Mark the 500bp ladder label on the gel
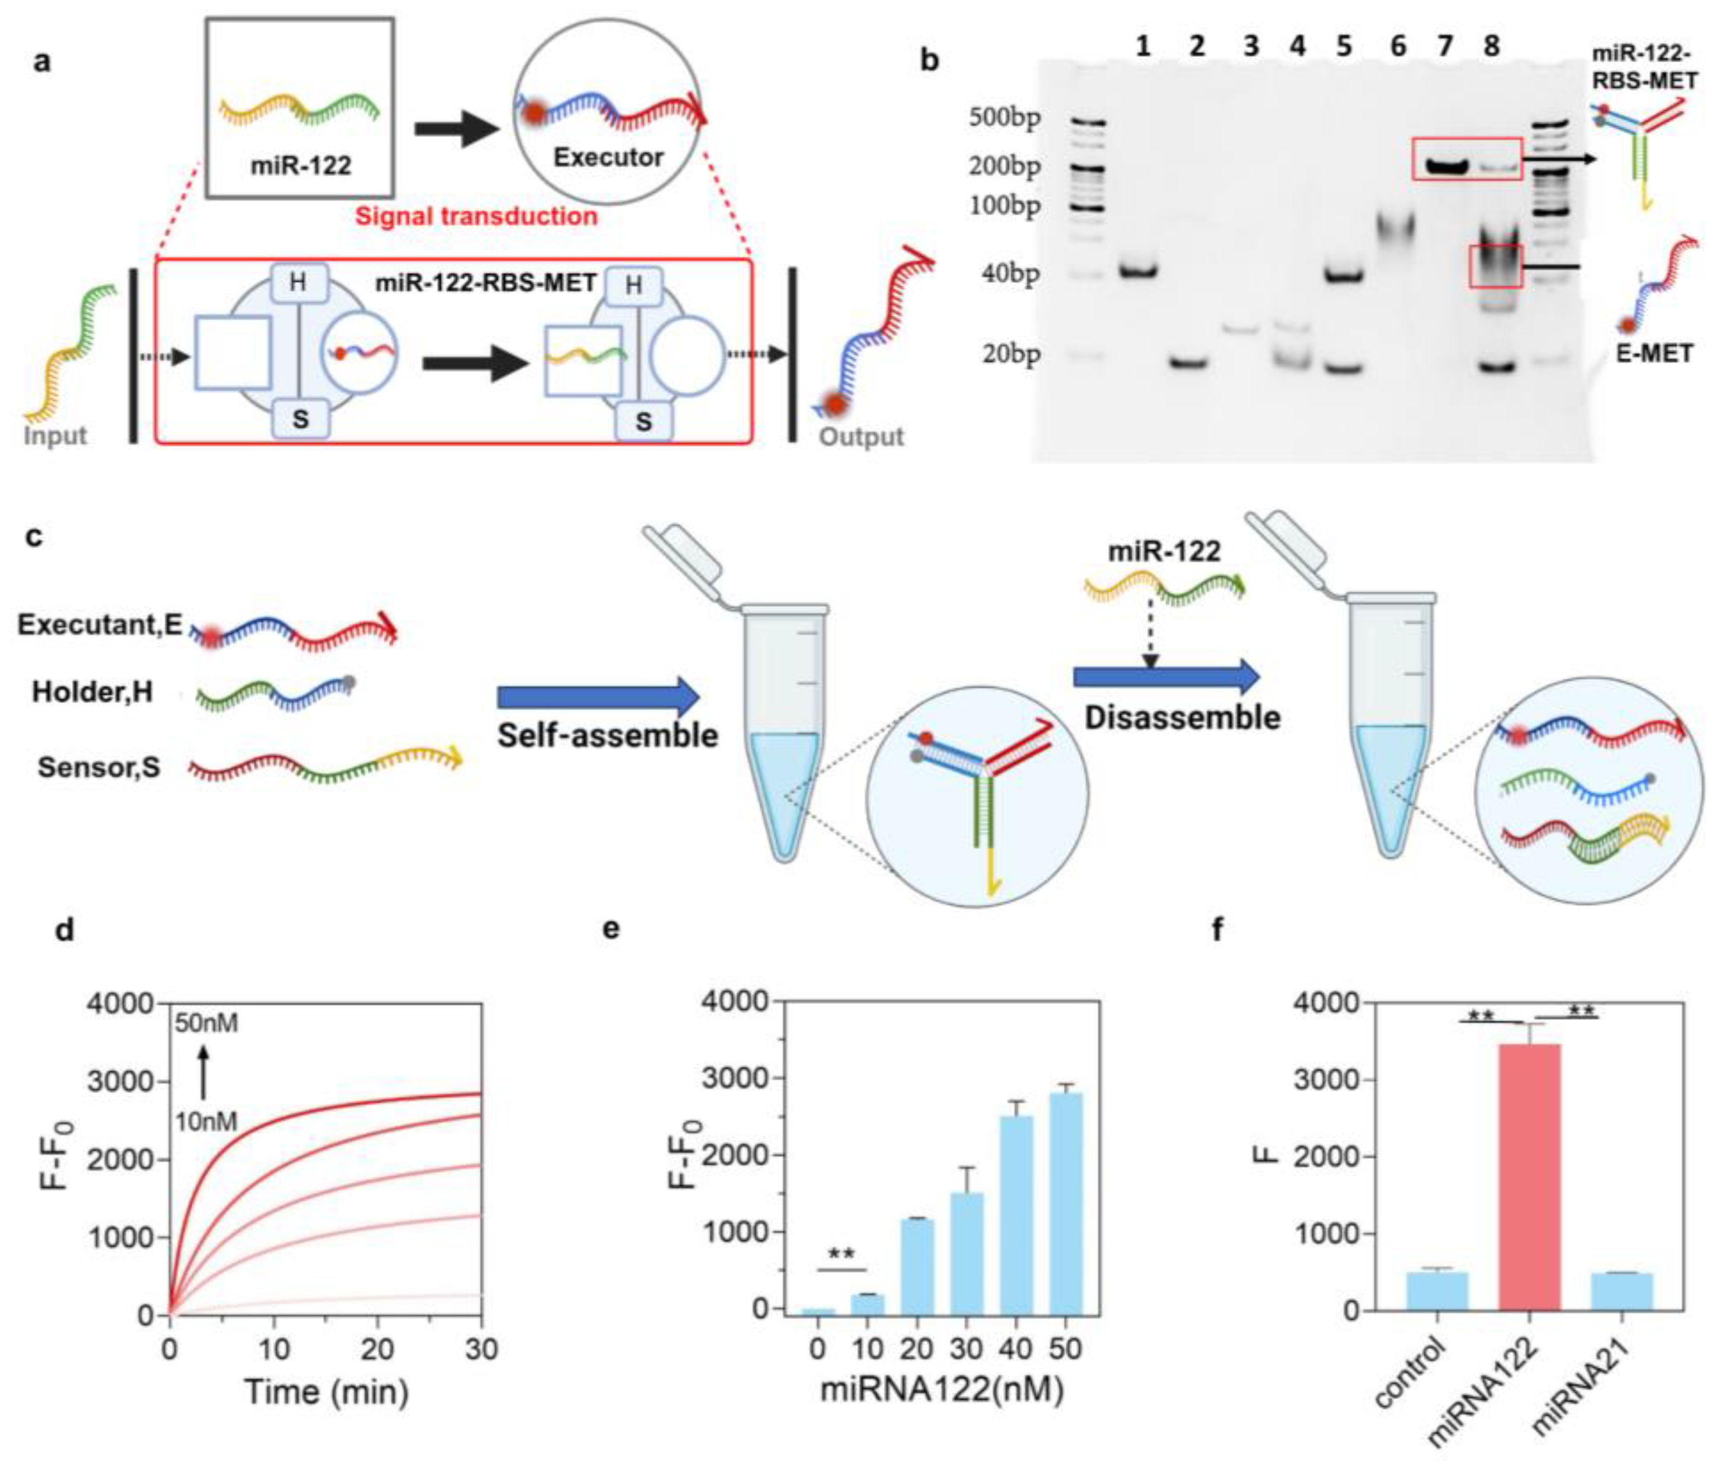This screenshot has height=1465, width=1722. [x=1004, y=118]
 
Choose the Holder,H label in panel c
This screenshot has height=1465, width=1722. [x=92, y=692]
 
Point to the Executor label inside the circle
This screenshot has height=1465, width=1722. [x=608, y=157]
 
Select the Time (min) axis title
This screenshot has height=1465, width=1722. [x=326, y=1392]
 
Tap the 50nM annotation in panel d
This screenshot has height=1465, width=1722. [x=206, y=1023]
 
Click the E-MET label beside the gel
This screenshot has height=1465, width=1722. [x=1654, y=353]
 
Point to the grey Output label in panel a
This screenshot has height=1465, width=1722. [x=861, y=437]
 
